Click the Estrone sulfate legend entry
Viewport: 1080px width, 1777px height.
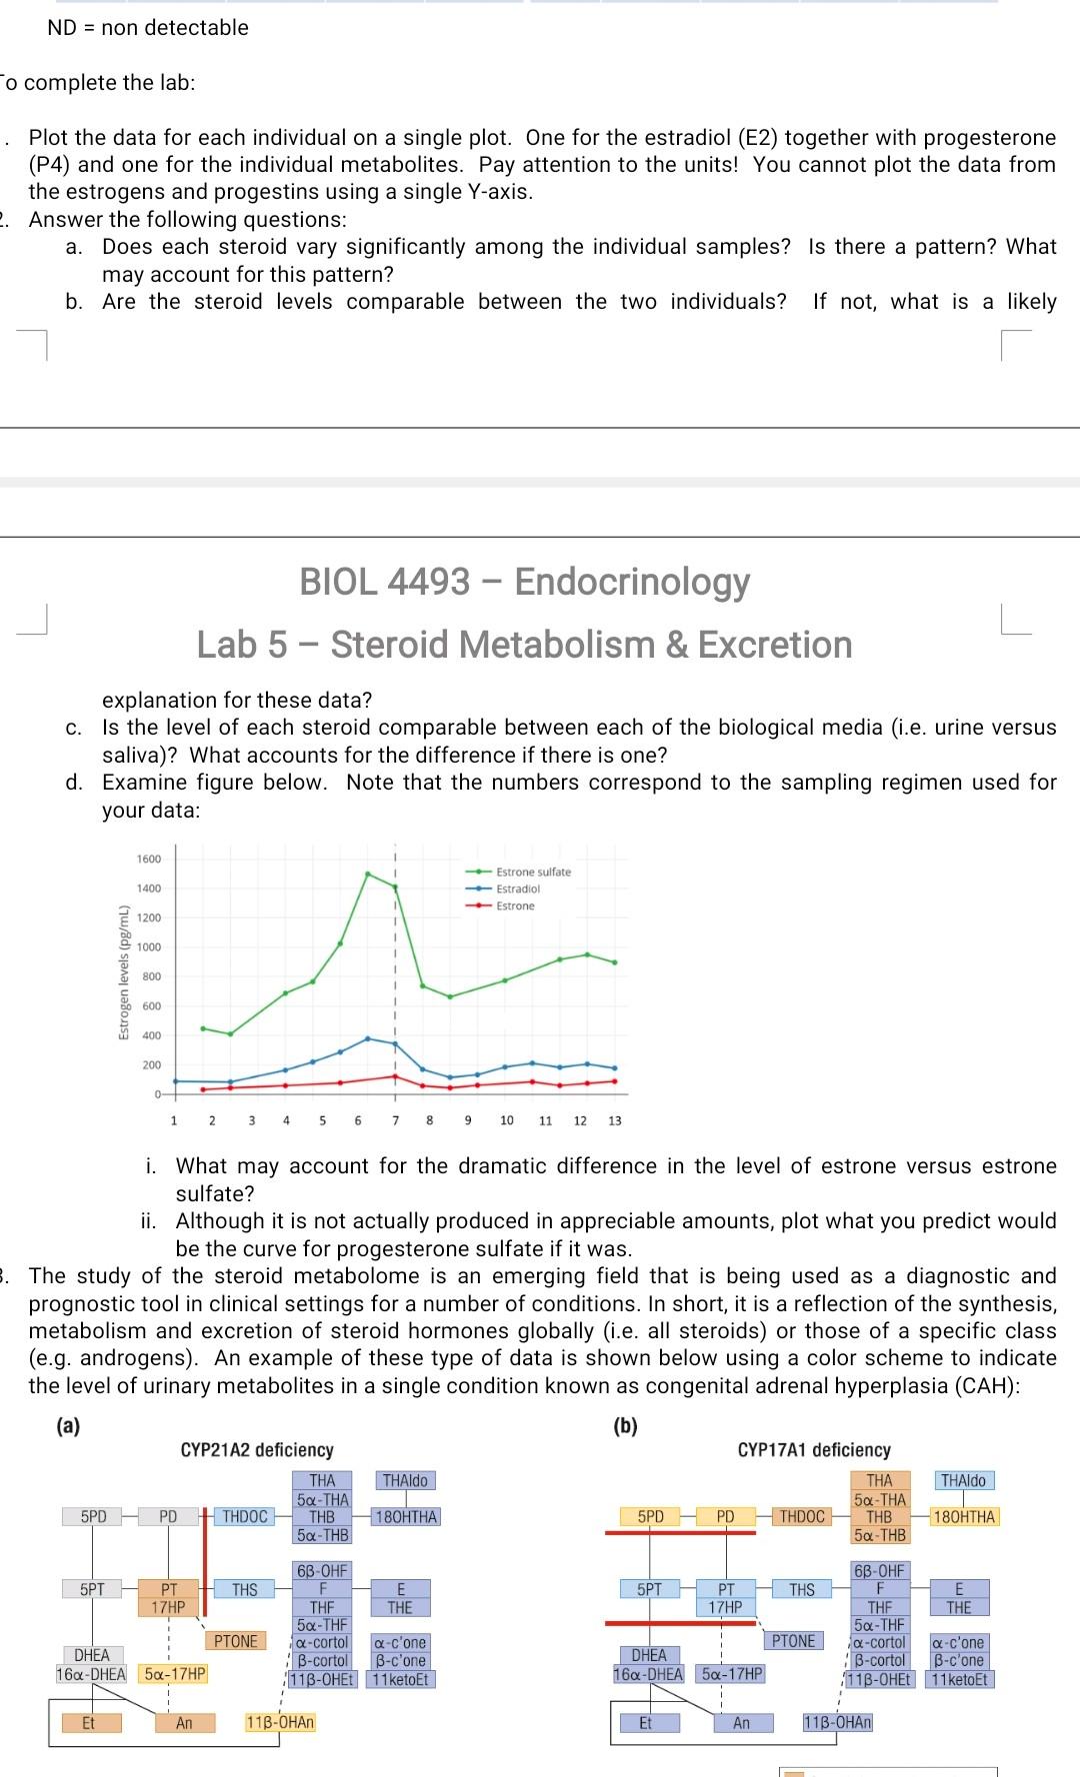click(533, 872)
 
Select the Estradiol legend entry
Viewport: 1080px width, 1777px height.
click(518, 888)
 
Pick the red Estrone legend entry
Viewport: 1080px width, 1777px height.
click(515, 905)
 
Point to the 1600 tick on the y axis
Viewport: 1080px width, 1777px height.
click(148, 860)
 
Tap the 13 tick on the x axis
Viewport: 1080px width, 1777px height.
click(615, 1120)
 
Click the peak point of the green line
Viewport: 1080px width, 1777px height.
click(368, 874)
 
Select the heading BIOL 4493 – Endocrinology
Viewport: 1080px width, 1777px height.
click(525, 581)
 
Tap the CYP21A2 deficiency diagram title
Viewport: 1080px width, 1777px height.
click(257, 1449)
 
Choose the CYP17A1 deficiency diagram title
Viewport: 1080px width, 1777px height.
click(814, 1449)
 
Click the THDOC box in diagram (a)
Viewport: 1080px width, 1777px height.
click(245, 1516)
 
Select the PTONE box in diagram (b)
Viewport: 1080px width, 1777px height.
click(793, 1640)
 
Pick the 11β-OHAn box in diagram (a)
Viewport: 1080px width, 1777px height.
click(280, 1722)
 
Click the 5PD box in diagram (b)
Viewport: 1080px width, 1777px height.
click(650, 1516)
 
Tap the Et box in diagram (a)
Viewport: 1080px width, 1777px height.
click(88, 1722)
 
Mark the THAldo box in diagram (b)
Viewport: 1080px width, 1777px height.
click(964, 1480)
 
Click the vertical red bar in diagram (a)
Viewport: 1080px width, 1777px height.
click(205, 1564)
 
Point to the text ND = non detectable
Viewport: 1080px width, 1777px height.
click(148, 28)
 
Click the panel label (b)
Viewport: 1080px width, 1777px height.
click(624, 1426)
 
